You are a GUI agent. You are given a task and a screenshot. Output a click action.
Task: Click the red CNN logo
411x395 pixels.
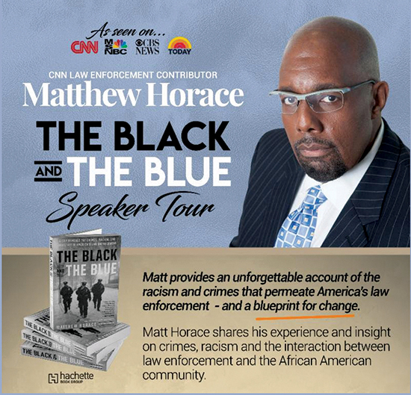point(84,47)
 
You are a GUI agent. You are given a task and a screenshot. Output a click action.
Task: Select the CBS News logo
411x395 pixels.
point(148,46)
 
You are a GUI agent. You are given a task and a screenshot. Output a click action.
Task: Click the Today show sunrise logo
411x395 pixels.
point(179,46)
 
